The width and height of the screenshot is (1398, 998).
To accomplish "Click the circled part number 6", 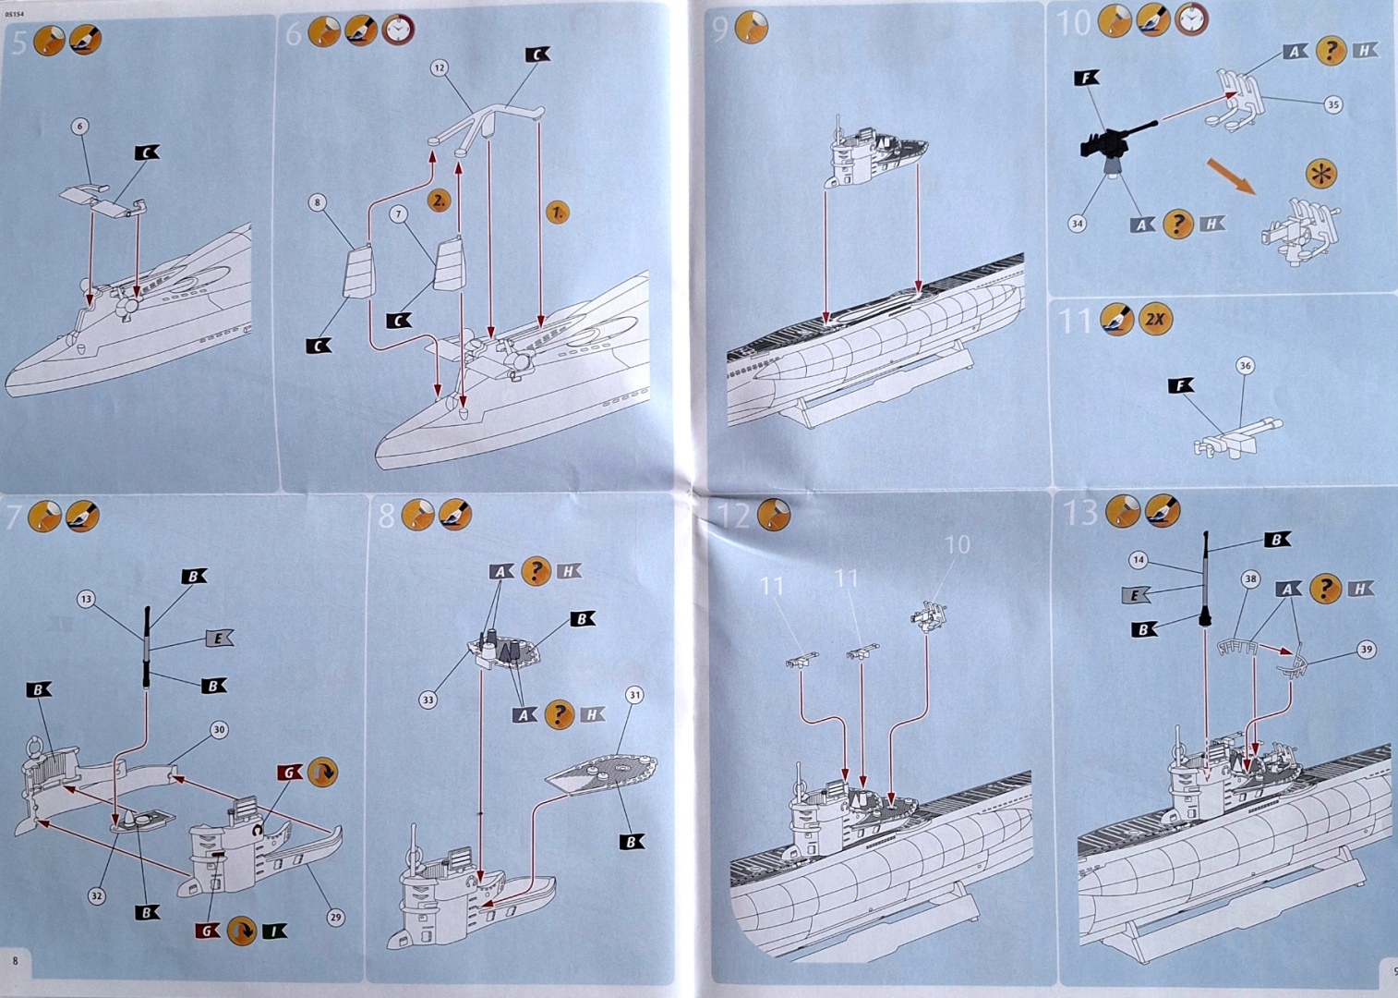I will (80, 127).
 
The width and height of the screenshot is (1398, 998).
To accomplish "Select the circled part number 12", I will (439, 67).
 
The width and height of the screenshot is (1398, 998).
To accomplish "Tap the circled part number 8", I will (317, 202).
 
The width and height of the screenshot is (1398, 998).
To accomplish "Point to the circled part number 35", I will (1332, 105).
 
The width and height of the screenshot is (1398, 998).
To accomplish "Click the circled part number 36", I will (1245, 366).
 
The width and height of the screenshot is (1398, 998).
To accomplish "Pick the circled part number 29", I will (335, 918).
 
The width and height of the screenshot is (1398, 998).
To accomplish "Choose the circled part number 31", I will (634, 695).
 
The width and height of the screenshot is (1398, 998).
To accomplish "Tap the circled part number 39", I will (1367, 650).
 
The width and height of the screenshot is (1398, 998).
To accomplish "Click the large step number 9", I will (720, 30).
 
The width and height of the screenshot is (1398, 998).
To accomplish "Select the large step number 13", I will (1079, 512).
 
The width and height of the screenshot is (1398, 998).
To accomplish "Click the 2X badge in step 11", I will (1154, 320).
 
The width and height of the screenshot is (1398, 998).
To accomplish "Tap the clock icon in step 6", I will (398, 30).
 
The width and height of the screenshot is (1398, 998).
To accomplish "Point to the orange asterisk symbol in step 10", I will (1321, 174).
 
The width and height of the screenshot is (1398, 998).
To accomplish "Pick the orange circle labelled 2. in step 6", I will (439, 200).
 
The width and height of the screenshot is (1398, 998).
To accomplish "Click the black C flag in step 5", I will (147, 152).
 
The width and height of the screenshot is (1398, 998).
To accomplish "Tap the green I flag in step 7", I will (274, 931).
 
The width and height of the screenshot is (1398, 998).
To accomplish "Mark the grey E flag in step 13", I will (1135, 595).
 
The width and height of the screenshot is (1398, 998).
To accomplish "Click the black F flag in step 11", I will (1180, 385).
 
